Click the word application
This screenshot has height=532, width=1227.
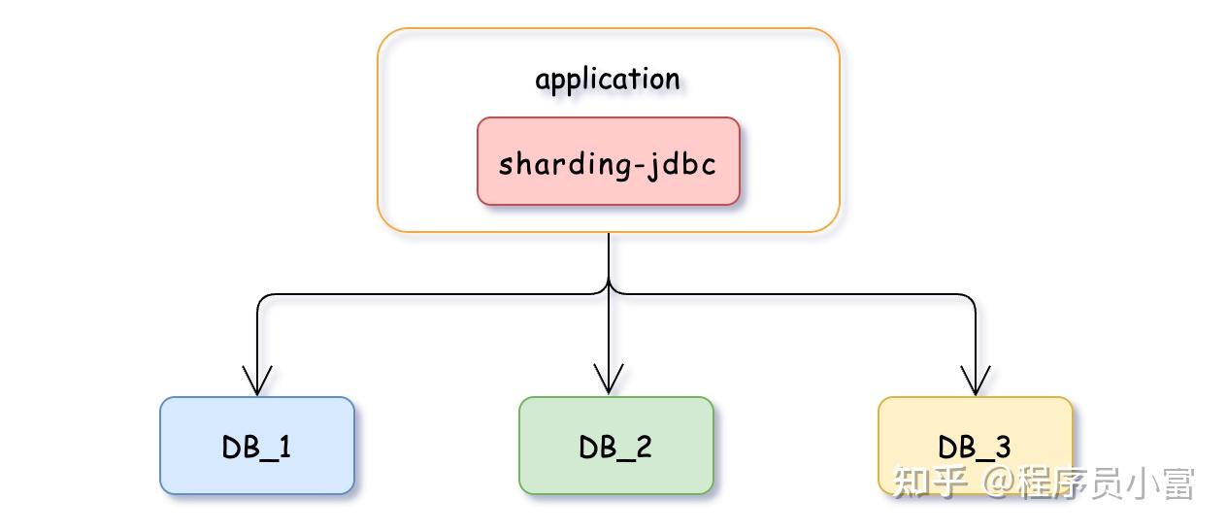pos(608,79)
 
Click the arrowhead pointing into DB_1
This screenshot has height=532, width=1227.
pos(257,381)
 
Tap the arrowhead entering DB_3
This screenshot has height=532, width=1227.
pos(975,381)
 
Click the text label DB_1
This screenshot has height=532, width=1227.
pos(256,447)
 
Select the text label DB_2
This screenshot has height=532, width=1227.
pos(615,447)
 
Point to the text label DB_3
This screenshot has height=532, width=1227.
pos(975,447)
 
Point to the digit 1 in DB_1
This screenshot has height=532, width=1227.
pos(284,447)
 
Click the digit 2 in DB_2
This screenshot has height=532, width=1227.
pos(643,447)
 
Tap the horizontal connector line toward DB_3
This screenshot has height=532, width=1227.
pos(796,293)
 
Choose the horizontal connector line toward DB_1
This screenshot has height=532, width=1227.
pos(427,293)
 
